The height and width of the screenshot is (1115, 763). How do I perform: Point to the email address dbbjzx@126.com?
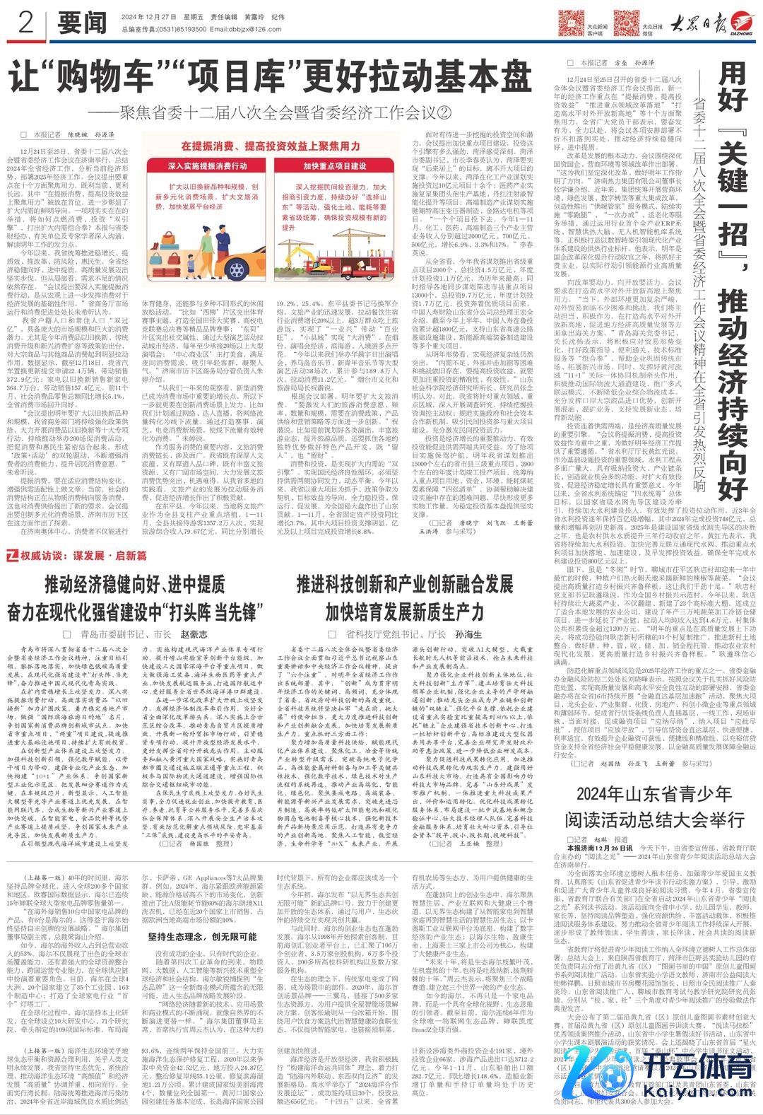coord(240,30)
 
